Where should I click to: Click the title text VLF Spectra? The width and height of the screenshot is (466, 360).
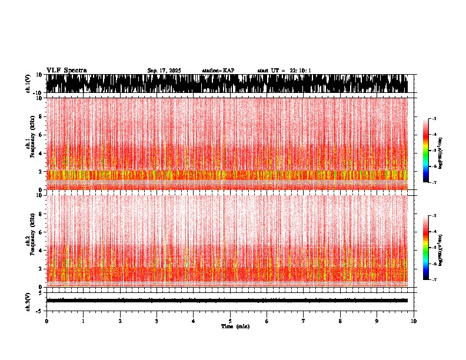coord(66,71)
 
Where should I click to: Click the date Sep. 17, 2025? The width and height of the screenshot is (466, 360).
coord(164,71)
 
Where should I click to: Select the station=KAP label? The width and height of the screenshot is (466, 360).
coord(218,71)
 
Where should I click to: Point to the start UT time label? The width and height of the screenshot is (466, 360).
coord(284,71)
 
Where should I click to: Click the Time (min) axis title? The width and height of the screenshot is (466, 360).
coord(235,326)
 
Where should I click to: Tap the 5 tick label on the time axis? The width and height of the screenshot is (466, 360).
coord(230,321)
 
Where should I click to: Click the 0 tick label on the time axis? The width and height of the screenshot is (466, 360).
coord(46,321)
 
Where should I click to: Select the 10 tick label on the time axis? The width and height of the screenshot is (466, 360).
coord(414,321)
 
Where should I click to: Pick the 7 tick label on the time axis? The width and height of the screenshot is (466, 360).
coord(304,321)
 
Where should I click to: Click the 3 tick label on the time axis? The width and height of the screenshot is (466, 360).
coord(157,321)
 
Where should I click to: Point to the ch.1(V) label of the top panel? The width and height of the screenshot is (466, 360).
coord(28,84)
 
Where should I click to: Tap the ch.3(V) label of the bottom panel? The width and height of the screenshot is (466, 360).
coord(28,301)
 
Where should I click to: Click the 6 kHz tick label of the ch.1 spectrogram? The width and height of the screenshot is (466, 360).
coord(40,135)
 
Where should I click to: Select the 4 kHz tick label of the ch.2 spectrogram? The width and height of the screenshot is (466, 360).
coord(40,250)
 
